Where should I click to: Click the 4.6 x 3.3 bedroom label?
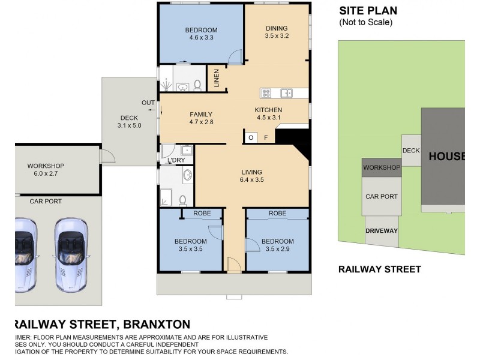(201, 34)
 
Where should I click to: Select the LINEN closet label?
(217, 79)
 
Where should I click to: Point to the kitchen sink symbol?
(286, 93)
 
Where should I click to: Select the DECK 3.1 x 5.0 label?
(128, 122)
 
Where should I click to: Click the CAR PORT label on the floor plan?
(46, 202)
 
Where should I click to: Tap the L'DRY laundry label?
(176, 160)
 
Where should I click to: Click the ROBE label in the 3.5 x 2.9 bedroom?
(277, 213)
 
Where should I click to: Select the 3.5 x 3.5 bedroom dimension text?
(191, 250)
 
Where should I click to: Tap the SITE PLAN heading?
(368, 10)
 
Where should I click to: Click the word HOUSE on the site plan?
(446, 156)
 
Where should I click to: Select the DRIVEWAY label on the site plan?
(382, 230)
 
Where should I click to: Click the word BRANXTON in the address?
(157, 324)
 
